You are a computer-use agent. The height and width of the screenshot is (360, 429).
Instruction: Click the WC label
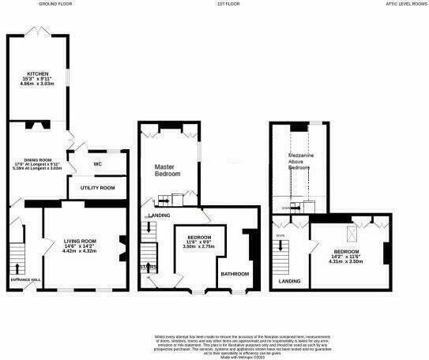[x=98, y=164]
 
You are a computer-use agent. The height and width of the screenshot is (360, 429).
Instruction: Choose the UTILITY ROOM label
[x=97, y=188]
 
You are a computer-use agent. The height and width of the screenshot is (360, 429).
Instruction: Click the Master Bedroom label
[x=167, y=169]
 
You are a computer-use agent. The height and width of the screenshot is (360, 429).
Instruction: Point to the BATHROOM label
[x=235, y=273]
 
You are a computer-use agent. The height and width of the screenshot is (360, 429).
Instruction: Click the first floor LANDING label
[x=159, y=215]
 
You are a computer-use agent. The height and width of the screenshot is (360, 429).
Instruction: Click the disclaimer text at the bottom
[x=215, y=344]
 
